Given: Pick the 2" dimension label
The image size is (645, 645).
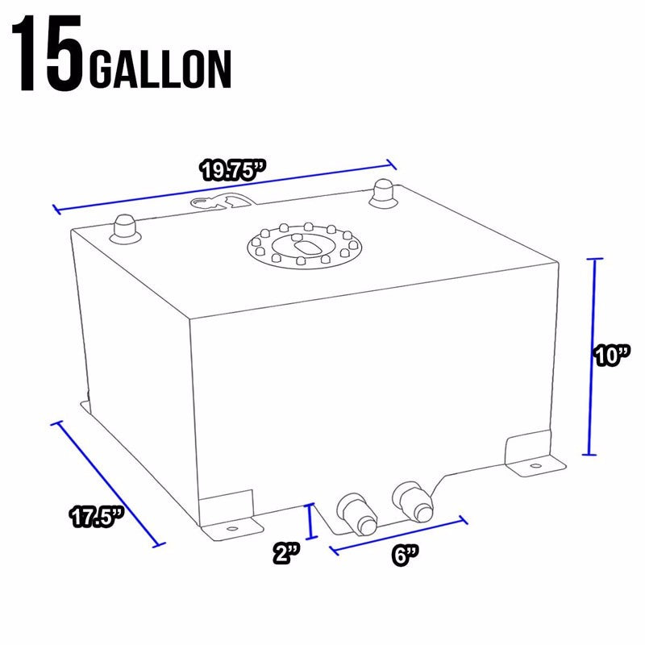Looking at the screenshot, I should point(285,554).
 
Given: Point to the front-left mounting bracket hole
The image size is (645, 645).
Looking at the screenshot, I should point(232,530).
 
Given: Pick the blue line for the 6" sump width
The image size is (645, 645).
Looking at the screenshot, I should point(397,535).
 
